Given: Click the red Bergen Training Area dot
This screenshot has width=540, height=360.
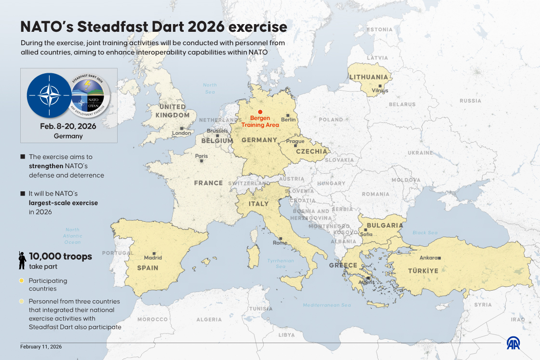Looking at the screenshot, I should (x=260, y=112).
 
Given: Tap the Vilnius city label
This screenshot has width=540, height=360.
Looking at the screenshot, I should (x=380, y=91).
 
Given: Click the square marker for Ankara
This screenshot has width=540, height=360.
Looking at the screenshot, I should (x=439, y=258).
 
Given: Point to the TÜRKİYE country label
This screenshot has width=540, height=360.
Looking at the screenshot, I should (x=423, y=271).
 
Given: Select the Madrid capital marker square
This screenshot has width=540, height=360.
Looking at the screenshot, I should (x=153, y=253).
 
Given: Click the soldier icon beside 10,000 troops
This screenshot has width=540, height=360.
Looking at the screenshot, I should (x=22, y=260).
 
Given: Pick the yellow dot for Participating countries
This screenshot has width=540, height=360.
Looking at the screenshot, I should (x=22, y=280).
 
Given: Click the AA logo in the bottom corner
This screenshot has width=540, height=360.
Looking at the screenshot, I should (x=513, y=343).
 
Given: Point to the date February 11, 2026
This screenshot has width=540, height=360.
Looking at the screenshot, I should (x=41, y=347).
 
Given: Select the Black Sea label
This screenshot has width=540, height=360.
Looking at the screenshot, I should (x=425, y=233).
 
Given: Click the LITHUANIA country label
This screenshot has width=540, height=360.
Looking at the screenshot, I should (x=369, y=77).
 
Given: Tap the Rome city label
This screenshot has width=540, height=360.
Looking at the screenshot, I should (x=280, y=243).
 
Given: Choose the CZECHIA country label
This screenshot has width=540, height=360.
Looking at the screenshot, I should (x=312, y=151).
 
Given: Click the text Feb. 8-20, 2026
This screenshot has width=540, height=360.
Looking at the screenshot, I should (x=68, y=126).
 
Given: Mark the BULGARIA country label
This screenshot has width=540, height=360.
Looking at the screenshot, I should (x=385, y=226).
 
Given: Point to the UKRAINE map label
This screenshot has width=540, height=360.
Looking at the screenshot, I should (x=420, y=153).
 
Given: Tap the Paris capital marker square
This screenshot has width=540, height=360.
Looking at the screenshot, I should (x=202, y=161).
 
